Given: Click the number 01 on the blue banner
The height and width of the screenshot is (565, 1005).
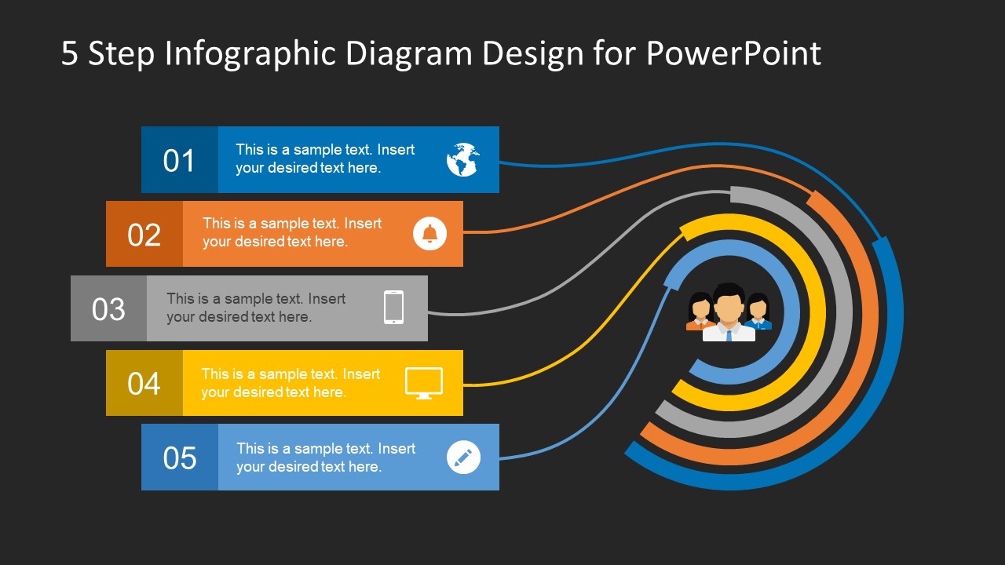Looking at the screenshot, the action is pyautogui.click(x=178, y=161).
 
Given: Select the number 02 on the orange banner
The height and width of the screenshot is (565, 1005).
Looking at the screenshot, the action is pyautogui.click(x=144, y=235).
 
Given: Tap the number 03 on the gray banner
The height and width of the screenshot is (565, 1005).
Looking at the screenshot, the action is pyautogui.click(x=108, y=309).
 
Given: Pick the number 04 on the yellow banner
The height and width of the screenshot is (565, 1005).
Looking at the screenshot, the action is pyautogui.click(x=144, y=384).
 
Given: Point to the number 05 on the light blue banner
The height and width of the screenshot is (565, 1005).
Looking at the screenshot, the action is pyautogui.click(x=180, y=457).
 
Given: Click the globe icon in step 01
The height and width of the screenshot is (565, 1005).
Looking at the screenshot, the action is pyautogui.click(x=463, y=159).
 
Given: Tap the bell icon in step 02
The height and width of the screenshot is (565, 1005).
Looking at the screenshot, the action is pyautogui.click(x=429, y=234).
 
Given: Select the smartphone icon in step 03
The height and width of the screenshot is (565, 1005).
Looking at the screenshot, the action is pyautogui.click(x=393, y=307).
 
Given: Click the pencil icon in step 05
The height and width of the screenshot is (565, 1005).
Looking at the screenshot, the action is pyautogui.click(x=463, y=457).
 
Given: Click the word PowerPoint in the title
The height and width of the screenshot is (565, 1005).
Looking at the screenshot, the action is pyautogui.click(x=733, y=54).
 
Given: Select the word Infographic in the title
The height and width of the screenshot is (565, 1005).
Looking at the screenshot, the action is pyautogui.click(x=250, y=54).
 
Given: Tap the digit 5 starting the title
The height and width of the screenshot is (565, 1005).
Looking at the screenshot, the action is pyautogui.click(x=70, y=53).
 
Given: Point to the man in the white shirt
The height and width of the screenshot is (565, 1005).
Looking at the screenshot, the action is pyautogui.click(x=729, y=312).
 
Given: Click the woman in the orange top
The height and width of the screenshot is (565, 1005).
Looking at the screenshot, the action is pyautogui.click(x=700, y=312).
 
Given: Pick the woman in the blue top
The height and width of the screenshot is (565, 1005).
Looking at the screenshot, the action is pyautogui.click(x=758, y=312).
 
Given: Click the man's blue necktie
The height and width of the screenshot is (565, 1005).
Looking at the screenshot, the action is pyautogui.click(x=729, y=336).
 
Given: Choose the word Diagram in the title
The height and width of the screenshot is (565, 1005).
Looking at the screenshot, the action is pyautogui.click(x=409, y=54).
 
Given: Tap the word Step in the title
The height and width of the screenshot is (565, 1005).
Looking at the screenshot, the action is pyautogui.click(x=121, y=54).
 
